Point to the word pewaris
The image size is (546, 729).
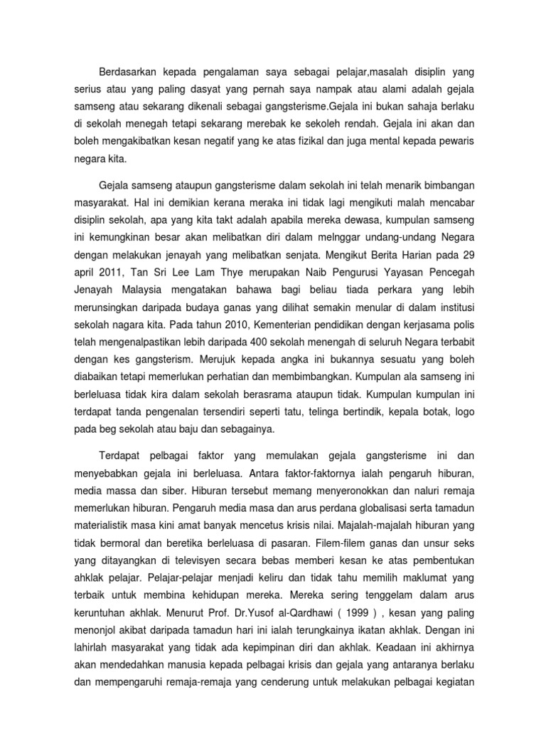453,142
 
